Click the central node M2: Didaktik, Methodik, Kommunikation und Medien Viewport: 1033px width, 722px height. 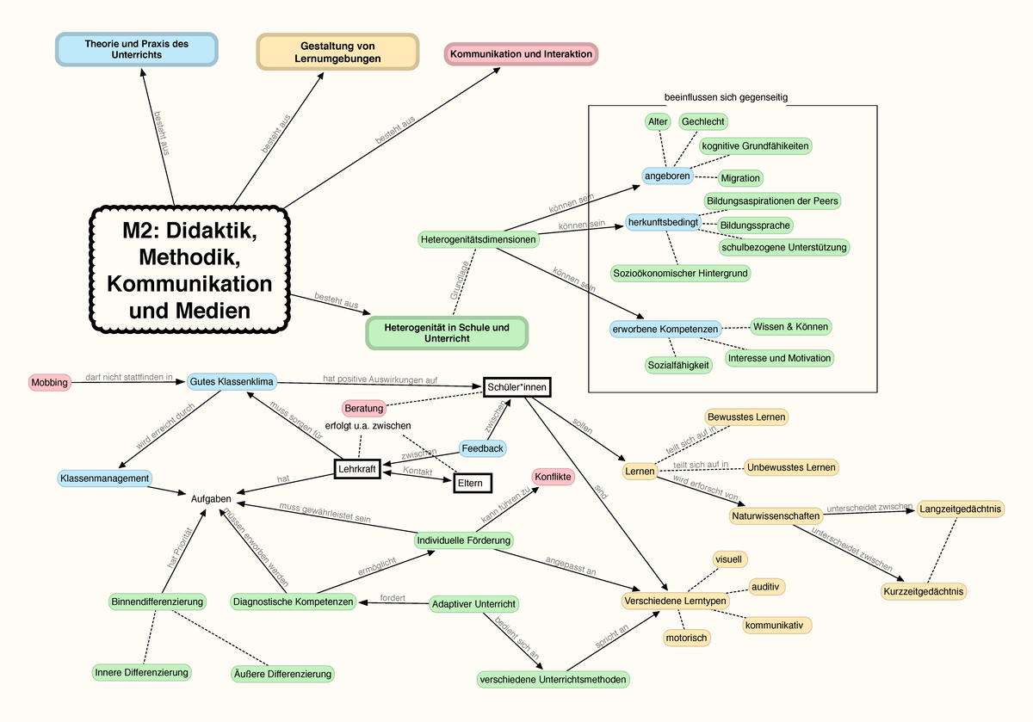pyautogui.click(x=191, y=268)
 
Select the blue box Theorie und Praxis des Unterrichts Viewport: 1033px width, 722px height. pyautogui.click(x=137, y=49)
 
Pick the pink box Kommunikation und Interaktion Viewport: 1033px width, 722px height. pyautogui.click(x=521, y=54)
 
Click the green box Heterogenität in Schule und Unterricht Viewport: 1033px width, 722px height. pyautogui.click(x=446, y=333)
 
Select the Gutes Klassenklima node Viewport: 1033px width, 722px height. pyautogui.click(x=232, y=381)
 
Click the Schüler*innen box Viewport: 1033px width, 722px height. pyautogui.click(x=516, y=387)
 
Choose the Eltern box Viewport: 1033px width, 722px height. pyautogui.click(x=473, y=484)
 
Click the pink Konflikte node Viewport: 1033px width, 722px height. pyautogui.click(x=553, y=476)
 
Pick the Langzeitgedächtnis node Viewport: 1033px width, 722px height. pyautogui.click(x=961, y=509)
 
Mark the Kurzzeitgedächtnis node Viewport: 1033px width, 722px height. pyautogui.click(x=924, y=591)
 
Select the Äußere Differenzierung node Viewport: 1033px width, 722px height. pyautogui.click(x=281, y=673)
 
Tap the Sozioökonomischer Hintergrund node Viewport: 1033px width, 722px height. pyautogui.click(x=681, y=273)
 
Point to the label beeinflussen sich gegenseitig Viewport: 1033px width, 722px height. pyautogui.click(x=727, y=97)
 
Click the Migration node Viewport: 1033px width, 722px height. pyautogui.click(x=740, y=178)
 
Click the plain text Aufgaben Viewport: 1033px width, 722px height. pyautogui.click(x=211, y=498)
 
